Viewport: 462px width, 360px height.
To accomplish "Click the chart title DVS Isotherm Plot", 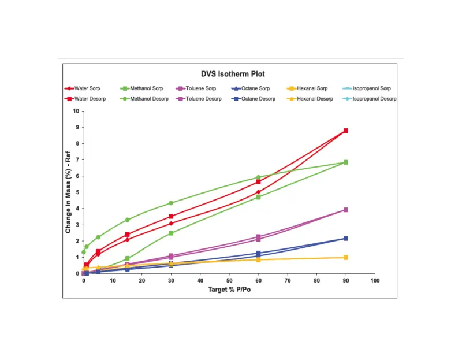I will coord(233,74).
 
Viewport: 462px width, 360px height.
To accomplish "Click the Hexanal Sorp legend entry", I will coord(312,88).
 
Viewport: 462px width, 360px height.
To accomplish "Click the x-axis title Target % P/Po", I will coord(229,289).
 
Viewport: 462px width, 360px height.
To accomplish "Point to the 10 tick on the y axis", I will coord(76,111).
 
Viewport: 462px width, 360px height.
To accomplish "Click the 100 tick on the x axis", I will coord(375,281).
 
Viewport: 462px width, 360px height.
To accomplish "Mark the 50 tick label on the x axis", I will coord(229,281).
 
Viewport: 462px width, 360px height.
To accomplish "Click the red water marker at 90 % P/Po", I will coord(345,131).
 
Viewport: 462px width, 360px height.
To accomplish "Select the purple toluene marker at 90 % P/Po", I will coord(345,210).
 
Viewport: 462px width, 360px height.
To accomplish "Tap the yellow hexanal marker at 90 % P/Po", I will coord(345,257).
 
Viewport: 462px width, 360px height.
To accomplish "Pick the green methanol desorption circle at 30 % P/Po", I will coord(171,203).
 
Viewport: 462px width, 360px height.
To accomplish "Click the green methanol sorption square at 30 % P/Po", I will coord(171,233).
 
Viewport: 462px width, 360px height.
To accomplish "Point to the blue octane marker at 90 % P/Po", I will coord(345,238).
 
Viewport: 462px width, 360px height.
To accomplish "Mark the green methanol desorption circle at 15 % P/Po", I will coord(128,220).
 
